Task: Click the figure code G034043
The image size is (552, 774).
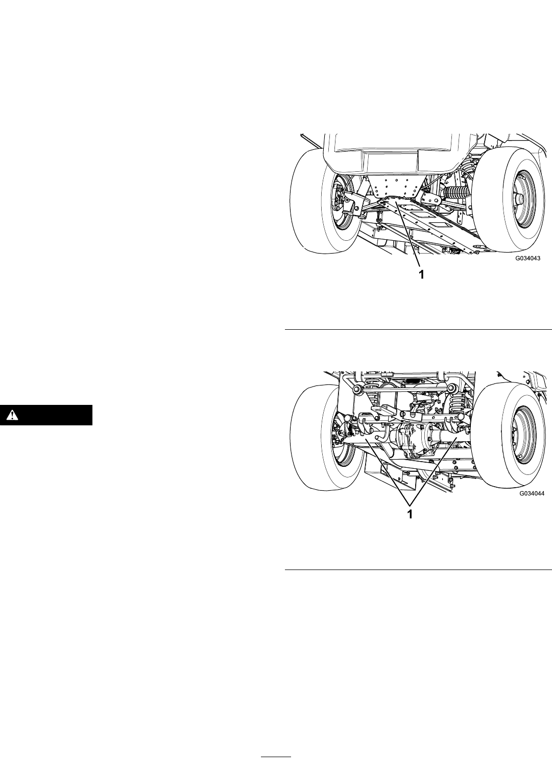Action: click(528, 258)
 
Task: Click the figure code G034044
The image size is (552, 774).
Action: click(532, 493)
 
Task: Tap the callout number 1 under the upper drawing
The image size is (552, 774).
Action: click(421, 275)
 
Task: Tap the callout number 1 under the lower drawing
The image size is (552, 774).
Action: click(410, 514)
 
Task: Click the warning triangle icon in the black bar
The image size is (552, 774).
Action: click(12, 414)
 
